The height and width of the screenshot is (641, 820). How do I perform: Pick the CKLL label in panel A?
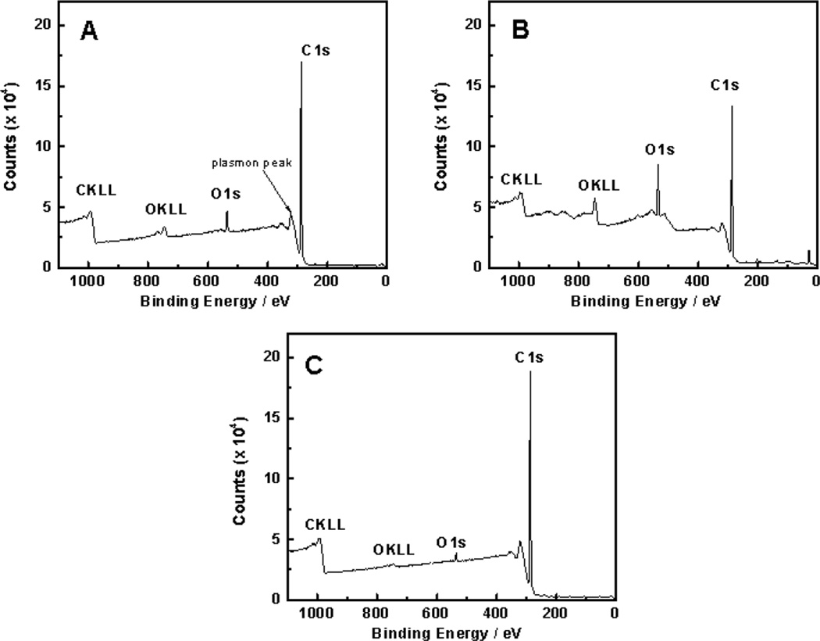click(x=95, y=191)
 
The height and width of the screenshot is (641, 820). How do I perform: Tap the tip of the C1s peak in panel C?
click(x=530, y=372)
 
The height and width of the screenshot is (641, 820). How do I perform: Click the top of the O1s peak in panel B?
click(x=658, y=165)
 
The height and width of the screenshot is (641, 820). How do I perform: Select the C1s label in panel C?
click(x=529, y=357)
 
